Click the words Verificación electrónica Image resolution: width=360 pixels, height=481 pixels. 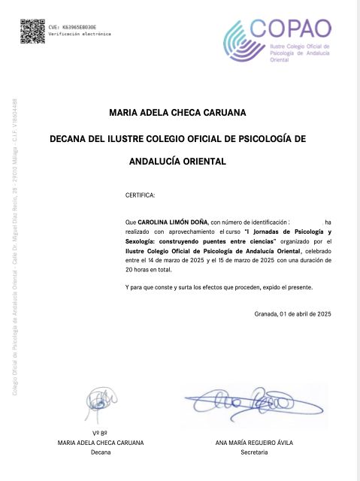[80, 34]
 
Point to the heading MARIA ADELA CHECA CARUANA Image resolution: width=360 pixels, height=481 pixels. [177, 114]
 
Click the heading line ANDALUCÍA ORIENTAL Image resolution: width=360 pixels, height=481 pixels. [177, 161]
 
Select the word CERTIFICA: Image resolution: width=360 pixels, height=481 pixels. [140, 195]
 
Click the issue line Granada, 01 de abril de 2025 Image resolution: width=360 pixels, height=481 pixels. [292, 313]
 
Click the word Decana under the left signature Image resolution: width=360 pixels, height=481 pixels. [100, 452]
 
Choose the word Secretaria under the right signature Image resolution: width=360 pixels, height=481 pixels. [253, 452]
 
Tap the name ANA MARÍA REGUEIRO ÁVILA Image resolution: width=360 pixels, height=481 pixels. [253, 443]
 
